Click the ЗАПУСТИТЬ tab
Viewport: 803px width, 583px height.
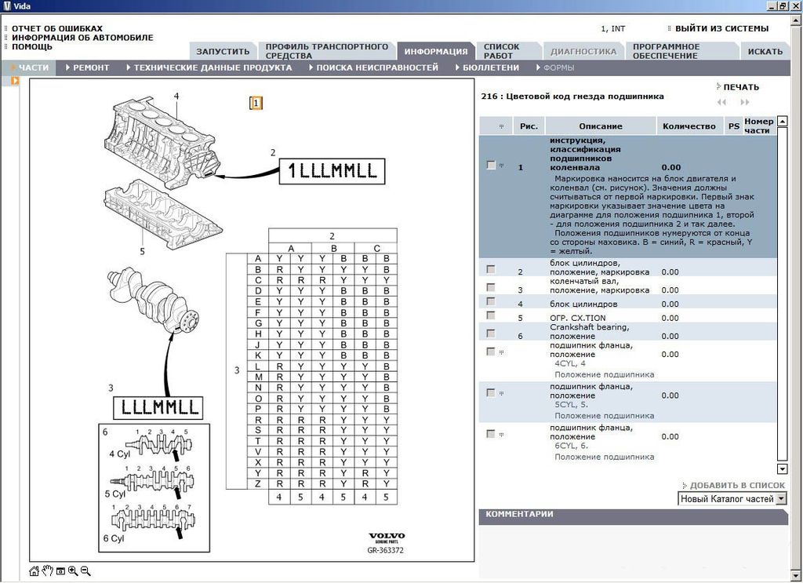[x=223, y=52]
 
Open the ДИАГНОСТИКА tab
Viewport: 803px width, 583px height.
[x=583, y=52]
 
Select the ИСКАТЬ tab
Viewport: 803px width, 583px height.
[x=765, y=52]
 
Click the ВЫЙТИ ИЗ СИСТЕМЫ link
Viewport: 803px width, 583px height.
[x=722, y=29]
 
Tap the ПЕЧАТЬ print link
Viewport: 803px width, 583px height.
[x=740, y=87]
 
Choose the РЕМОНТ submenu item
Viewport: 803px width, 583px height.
[x=91, y=68]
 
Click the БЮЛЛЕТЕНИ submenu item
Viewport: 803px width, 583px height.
[x=490, y=68]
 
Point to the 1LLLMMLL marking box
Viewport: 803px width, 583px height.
[x=332, y=171]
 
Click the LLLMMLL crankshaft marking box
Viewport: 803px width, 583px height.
[x=158, y=407]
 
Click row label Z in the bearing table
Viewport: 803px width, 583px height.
[x=258, y=484]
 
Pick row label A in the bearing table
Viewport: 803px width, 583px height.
[x=258, y=258]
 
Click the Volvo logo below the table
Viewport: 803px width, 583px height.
[x=386, y=537]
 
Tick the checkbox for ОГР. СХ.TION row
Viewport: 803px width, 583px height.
[x=491, y=315]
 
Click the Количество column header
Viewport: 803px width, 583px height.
[x=689, y=126]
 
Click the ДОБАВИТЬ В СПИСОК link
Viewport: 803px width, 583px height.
[x=736, y=486]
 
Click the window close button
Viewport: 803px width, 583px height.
[x=795, y=5]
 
